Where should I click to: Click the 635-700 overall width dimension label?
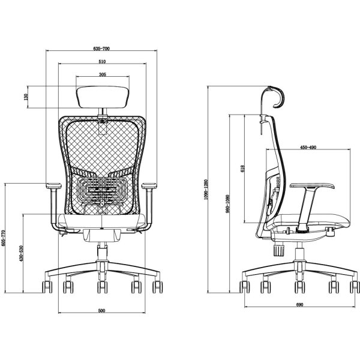pos(101,49)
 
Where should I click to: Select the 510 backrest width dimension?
pos(102,62)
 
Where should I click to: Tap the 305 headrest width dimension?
pos(103,74)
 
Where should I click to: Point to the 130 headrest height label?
pos(26,97)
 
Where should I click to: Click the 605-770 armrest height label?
pos(3,238)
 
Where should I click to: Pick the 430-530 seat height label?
pos(22,254)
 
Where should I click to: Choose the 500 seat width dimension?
pos(101,311)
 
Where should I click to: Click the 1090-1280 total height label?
pos(206,190)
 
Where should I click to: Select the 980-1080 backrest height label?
pos(227,204)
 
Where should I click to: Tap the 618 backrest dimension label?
pos(242,168)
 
